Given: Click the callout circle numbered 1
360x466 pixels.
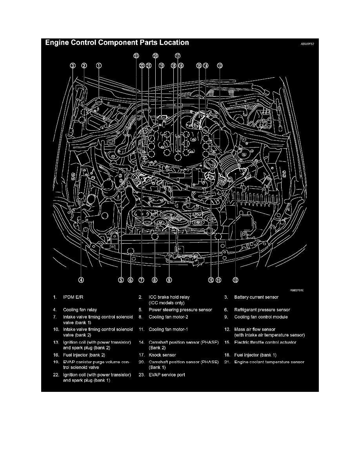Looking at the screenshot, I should click(99, 66).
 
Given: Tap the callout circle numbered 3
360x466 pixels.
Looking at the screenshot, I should click(73, 66).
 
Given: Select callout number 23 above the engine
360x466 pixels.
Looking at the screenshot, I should click(136, 56).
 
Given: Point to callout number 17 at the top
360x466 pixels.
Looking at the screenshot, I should click(178, 56).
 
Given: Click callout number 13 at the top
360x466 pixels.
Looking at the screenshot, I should click(219, 66).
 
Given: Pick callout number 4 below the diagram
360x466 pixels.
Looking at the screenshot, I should click(81, 280).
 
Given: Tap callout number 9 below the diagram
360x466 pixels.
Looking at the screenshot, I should click(169, 280).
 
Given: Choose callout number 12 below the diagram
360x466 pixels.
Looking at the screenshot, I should click(235, 280).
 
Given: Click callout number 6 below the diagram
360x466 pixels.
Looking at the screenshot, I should click(131, 280).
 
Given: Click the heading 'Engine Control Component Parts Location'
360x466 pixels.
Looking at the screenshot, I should click(117, 43).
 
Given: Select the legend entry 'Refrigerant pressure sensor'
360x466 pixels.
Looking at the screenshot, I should click(262, 310).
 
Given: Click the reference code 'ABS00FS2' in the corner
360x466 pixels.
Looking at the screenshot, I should click(307, 44).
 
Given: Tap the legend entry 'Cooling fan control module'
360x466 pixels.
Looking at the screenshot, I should click(261, 317).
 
